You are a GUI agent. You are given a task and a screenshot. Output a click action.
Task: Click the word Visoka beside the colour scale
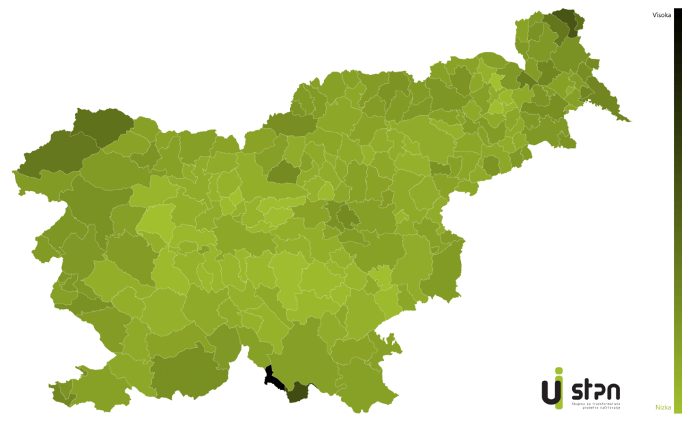[662, 14]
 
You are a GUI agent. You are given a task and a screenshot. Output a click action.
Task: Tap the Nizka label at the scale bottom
[663, 407]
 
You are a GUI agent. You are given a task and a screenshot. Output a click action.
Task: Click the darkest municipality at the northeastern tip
[565, 20]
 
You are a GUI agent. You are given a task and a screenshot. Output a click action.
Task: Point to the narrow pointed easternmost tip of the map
[627, 121]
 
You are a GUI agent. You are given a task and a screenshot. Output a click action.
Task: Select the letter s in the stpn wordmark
[576, 391]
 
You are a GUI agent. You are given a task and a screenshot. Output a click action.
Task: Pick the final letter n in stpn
[613, 392]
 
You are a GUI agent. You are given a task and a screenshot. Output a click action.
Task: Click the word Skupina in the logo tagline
[577, 403]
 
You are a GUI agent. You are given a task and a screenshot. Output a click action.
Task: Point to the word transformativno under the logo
[605, 403]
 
